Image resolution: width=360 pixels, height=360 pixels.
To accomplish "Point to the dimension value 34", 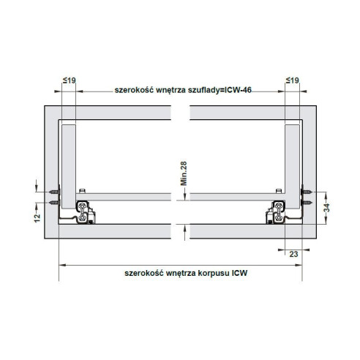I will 328,206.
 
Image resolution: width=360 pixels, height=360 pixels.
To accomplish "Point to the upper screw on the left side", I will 53,191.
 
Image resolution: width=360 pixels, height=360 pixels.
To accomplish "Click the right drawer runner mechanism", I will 276,211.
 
